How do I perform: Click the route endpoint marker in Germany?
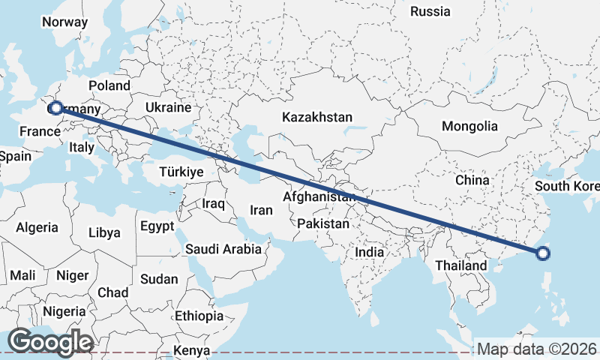pos(55,109)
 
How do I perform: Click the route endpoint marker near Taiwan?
pos(544,253)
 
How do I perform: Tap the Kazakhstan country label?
pos(316,118)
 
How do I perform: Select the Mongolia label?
pos(469,126)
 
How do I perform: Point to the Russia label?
pos(430,11)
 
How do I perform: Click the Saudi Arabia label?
pos(223,249)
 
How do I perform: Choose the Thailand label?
pos(461,265)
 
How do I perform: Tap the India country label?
pos(369,252)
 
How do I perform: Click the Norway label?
pos(64,22)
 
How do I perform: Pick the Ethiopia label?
pos(199,316)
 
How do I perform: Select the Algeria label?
pos(37,227)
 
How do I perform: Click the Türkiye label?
pos(181,172)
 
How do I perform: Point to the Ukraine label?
pos(169,107)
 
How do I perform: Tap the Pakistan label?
pos(323,223)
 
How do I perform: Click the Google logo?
pos(50,342)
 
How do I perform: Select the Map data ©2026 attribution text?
pos(537,349)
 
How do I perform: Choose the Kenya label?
pos(192,350)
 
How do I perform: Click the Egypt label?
pos(157,226)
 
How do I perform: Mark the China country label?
pos(472,181)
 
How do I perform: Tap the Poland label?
pos(109,85)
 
